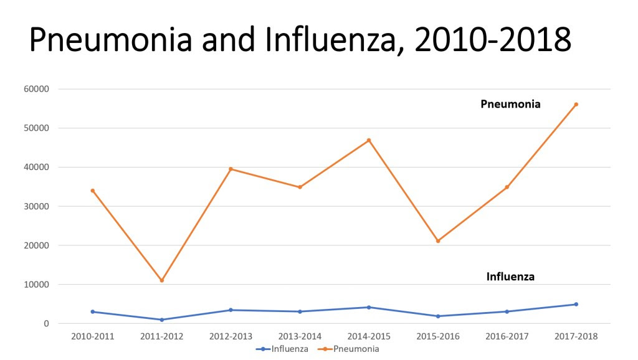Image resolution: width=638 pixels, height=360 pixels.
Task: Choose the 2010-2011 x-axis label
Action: click(x=93, y=336)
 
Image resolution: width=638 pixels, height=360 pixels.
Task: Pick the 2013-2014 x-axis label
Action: click(x=300, y=336)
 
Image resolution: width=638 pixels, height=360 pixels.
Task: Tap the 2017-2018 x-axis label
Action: click(x=576, y=336)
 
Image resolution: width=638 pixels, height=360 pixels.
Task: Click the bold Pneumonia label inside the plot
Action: click(x=510, y=105)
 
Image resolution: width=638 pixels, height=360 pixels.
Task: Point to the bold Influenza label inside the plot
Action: click(x=510, y=277)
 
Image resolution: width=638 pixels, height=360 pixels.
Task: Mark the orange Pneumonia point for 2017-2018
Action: click(x=576, y=104)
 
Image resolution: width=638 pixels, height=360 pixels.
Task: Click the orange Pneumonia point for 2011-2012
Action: click(x=162, y=280)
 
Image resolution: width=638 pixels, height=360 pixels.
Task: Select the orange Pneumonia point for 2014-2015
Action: click(x=369, y=140)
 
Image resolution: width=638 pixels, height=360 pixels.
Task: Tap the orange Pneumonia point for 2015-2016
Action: click(x=438, y=241)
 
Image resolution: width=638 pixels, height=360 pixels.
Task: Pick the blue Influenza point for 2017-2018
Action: click(x=576, y=304)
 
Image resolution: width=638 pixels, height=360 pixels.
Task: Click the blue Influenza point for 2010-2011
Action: click(x=93, y=311)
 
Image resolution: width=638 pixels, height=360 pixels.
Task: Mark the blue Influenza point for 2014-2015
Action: click(x=369, y=307)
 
